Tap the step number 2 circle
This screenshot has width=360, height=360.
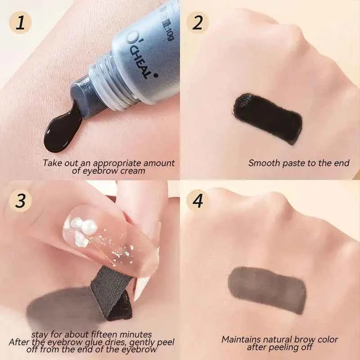pos(198,22)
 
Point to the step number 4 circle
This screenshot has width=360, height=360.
pos(198,201)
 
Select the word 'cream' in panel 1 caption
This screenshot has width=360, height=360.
pos(135,171)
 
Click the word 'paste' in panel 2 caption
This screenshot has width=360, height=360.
pos(294,163)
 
